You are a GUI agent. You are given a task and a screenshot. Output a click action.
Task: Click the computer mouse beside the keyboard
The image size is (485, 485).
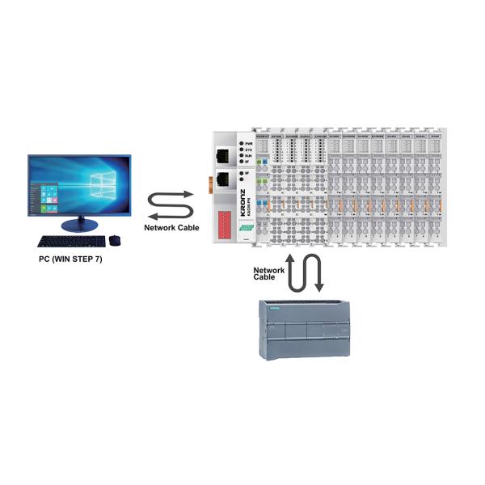(x=114, y=240)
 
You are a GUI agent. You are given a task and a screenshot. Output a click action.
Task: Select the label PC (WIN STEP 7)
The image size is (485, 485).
(x=70, y=260)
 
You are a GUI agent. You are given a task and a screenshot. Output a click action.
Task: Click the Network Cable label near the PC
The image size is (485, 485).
(x=171, y=228)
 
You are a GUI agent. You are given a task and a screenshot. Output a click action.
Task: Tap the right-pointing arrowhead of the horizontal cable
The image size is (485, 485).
(x=188, y=194)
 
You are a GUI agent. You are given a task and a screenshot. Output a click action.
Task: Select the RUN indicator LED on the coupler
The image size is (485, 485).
(x=241, y=157)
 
